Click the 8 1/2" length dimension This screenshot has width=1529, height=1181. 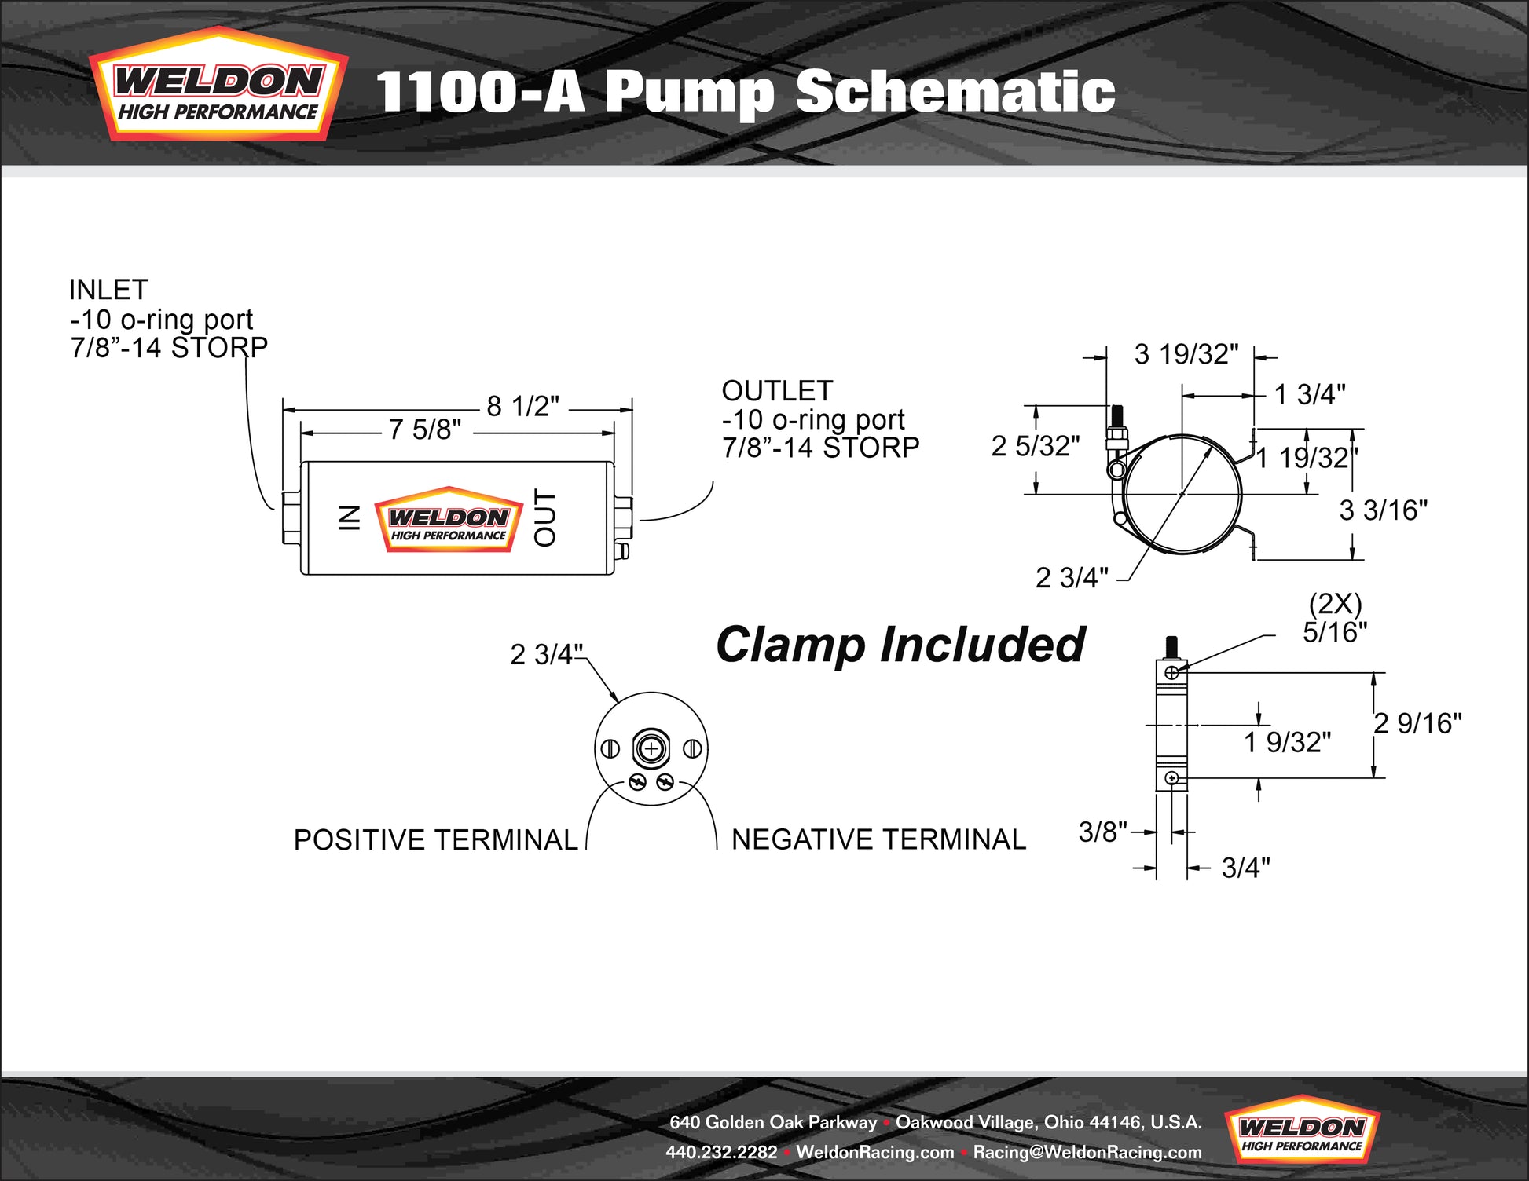point(522,406)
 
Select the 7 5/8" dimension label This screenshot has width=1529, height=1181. point(425,430)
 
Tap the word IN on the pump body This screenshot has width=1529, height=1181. point(350,517)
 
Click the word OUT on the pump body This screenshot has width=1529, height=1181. point(544,517)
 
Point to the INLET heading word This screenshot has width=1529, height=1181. point(108,290)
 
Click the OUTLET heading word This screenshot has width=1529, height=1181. point(777,390)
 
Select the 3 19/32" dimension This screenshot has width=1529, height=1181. point(1186,354)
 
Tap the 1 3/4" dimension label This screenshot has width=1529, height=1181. point(1310,394)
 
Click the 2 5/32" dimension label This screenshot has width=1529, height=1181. point(1036,446)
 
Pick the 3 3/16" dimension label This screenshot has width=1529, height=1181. point(1384,510)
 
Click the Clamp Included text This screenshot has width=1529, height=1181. point(900,645)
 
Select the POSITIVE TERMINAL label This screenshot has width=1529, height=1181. point(436,840)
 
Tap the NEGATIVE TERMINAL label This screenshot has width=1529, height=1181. point(878,839)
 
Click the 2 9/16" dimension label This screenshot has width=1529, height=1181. point(1418,723)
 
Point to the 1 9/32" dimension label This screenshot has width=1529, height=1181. point(1288,742)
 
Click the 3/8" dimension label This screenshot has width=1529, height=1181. point(1103,832)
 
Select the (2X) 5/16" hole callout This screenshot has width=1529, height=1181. point(1335,618)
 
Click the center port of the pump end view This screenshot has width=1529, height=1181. point(651,748)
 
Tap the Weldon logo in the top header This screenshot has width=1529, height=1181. point(218,85)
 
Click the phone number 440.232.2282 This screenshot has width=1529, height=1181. point(721,1152)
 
